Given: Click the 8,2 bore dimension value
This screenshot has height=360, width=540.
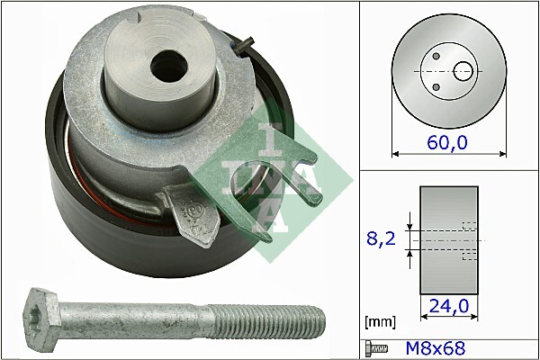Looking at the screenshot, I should coord(382,239).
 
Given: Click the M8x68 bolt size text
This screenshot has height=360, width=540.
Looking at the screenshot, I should coord(440,346).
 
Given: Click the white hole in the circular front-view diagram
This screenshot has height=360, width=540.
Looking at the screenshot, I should coord(463,69).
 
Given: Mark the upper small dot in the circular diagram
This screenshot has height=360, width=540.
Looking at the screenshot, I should coord(436,56).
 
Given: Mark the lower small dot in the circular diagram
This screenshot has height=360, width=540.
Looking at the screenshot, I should coord(436,86).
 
